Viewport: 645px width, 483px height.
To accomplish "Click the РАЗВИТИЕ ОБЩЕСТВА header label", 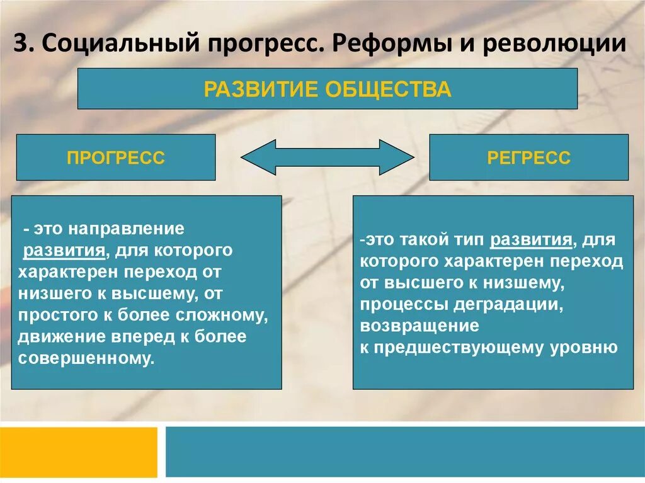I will coord(328,89).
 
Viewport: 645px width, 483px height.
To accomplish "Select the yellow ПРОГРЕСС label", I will coord(115,157).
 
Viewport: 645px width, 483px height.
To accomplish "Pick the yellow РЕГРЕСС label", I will coord(528,157).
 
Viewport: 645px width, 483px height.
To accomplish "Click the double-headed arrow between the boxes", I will coord(328,157).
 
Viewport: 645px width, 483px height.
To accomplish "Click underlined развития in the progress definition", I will coord(64,250).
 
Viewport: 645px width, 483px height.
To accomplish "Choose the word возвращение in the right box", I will coord(420,326).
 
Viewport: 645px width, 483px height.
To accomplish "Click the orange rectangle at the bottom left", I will coord(78,451).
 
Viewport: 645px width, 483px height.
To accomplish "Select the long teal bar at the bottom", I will coord(405,451).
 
